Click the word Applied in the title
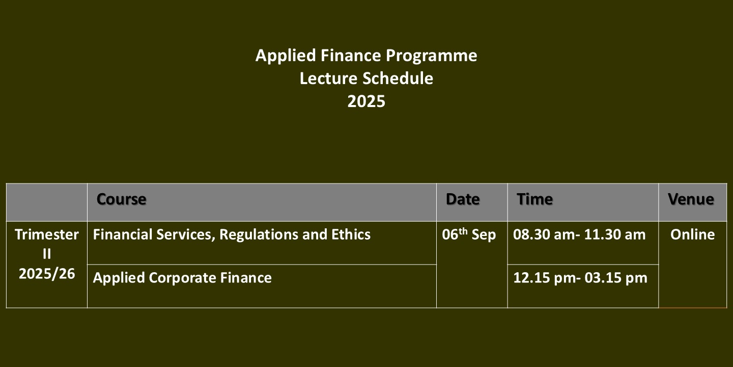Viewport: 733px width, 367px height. point(286,56)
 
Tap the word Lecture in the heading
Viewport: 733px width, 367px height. point(328,78)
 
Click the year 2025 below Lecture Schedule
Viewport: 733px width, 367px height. point(366,101)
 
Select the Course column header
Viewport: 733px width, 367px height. point(121,199)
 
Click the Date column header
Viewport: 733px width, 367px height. point(463,199)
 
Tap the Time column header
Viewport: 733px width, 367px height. point(534,199)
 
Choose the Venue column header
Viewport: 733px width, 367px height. point(691,199)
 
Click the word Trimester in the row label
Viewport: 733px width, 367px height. point(47,234)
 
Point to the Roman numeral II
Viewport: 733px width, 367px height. point(47,254)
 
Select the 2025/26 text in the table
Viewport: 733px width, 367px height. point(47,274)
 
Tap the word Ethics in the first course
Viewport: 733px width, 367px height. point(351,234)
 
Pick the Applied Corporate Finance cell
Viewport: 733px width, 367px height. point(182,278)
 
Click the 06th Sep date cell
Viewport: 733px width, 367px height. point(469,234)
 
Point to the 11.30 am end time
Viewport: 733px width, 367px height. point(615,234)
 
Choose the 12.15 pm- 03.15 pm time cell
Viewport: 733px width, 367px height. point(580,278)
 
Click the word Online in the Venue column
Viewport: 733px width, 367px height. point(692,234)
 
